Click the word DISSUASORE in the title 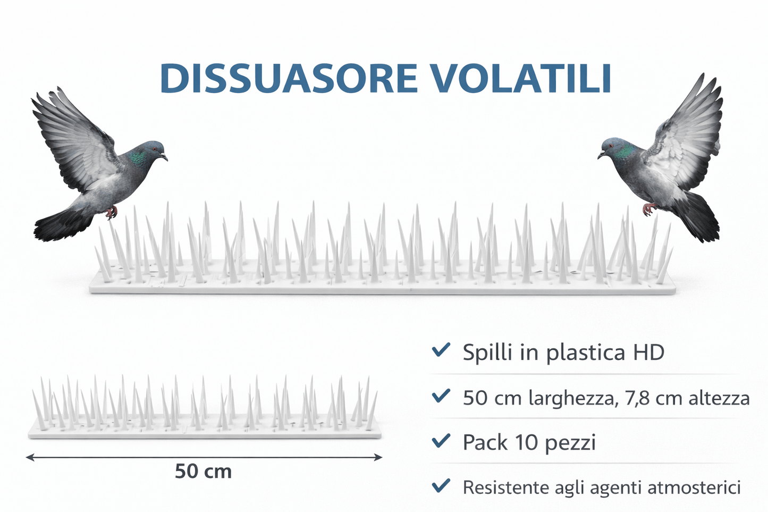click(288, 79)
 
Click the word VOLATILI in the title click(521, 79)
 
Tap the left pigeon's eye click(155, 149)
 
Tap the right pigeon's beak click(600, 155)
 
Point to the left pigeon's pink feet click(112, 213)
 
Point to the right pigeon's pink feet click(649, 209)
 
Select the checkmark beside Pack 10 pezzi click(441, 441)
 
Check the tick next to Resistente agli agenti click(441, 485)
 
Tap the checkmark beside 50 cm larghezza click(441, 396)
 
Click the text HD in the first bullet click(648, 352)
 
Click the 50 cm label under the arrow click(203, 472)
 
